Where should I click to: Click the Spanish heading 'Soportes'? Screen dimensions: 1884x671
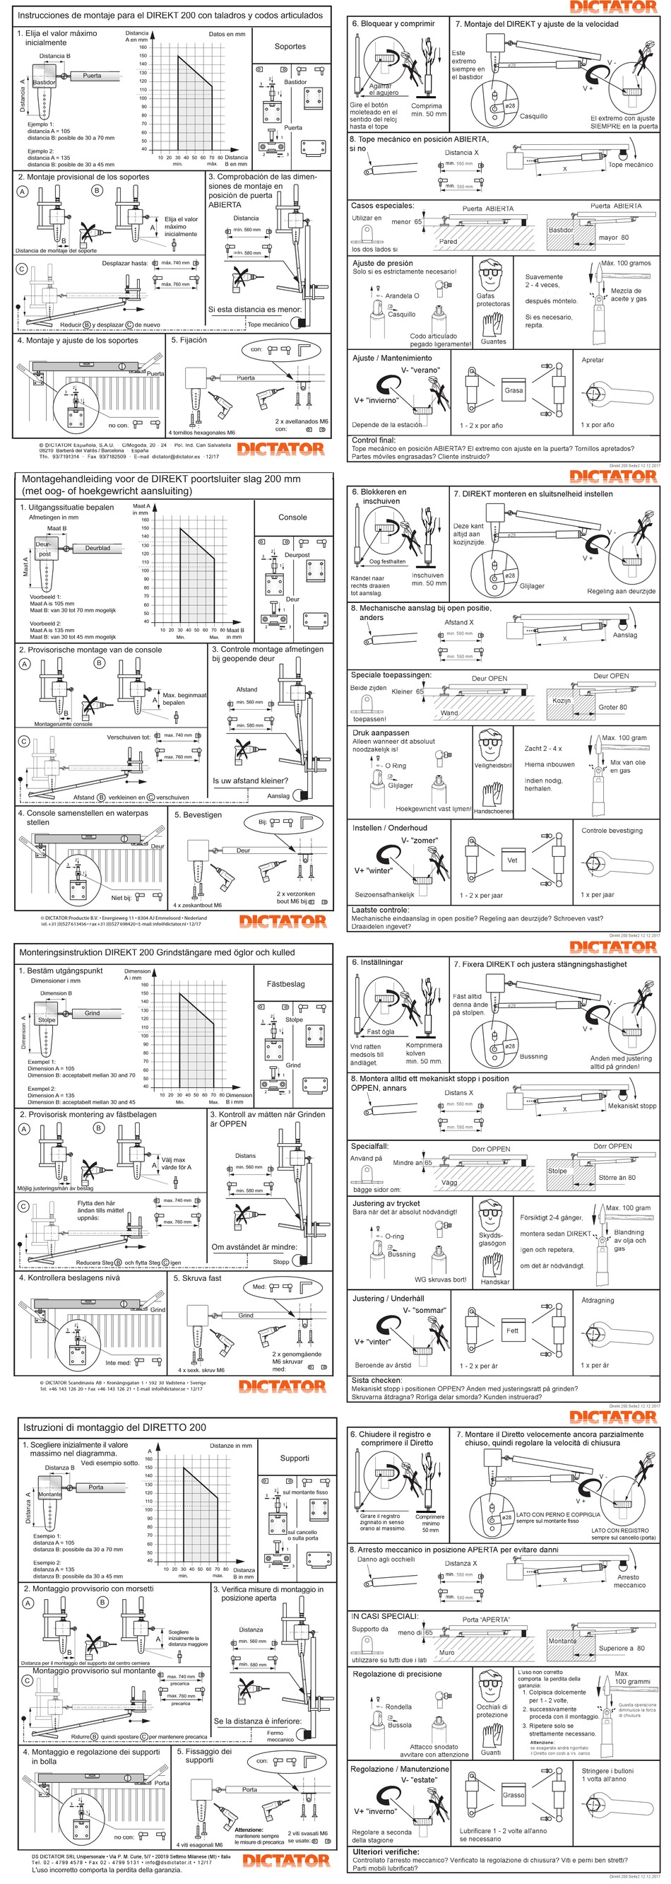(x=290, y=46)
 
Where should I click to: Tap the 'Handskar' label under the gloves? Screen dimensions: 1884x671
(x=495, y=1282)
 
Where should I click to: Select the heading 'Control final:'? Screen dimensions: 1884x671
(x=374, y=440)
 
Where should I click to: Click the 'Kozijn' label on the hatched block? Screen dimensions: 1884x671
(x=562, y=701)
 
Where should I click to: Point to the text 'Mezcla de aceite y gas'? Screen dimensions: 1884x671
(x=628, y=295)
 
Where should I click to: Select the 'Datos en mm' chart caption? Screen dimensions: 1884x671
(x=227, y=34)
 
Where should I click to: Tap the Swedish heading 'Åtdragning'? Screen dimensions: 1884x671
(x=597, y=1300)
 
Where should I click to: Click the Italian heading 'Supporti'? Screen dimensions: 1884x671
(x=295, y=1457)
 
